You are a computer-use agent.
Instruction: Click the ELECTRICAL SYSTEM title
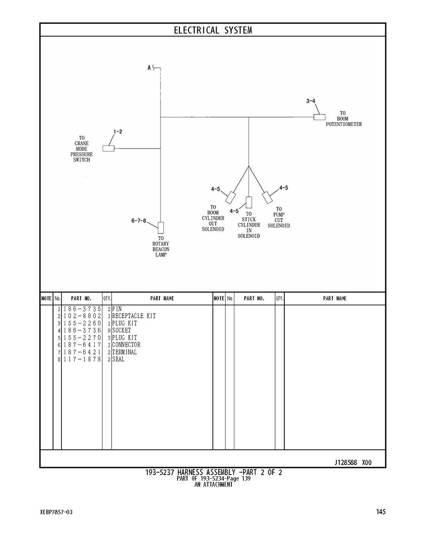coord(213,31)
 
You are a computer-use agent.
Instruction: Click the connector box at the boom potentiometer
coord(319,118)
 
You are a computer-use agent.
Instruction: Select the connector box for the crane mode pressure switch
coord(109,149)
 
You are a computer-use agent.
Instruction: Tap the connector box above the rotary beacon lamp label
coord(161,227)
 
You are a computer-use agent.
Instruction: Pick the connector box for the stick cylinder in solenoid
coord(249,202)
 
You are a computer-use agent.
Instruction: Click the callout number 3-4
coord(311,101)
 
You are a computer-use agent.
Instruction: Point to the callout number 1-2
coord(118,132)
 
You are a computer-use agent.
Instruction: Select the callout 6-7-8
coord(139,221)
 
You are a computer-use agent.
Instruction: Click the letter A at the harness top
coord(149,67)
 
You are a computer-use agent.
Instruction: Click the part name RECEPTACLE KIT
coord(134,316)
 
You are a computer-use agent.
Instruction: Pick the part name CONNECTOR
coord(126,345)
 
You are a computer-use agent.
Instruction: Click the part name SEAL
coord(118,359)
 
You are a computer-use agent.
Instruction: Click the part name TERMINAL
coord(125,352)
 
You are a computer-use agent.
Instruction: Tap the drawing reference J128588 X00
coord(353,463)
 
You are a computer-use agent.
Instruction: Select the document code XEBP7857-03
coord(56,512)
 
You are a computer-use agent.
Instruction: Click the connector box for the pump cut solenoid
coord(267,197)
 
